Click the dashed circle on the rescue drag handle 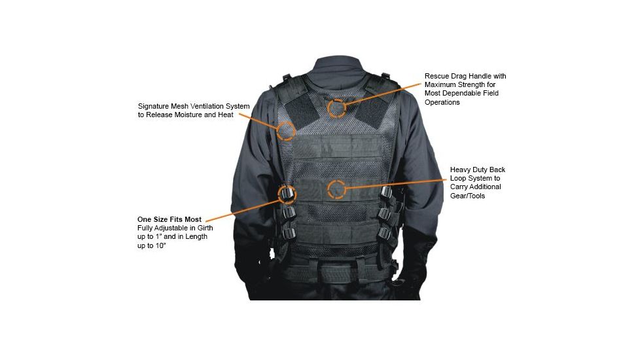(x=336, y=108)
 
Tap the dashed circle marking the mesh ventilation (x=286, y=130)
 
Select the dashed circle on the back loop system (x=336, y=190)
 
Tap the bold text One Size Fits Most (x=169, y=219)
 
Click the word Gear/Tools (x=467, y=196)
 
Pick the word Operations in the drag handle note (x=442, y=103)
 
